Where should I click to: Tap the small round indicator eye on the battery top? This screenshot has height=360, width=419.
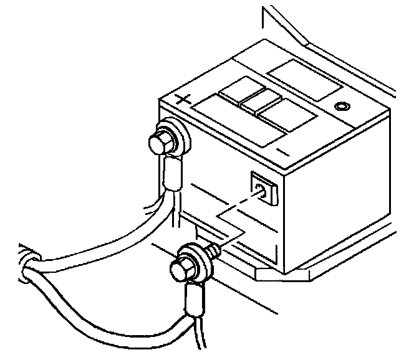click(x=341, y=107)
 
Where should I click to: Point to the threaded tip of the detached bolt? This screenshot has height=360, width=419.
click(x=213, y=249)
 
